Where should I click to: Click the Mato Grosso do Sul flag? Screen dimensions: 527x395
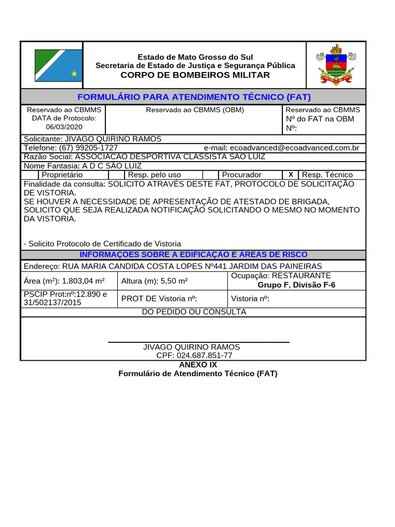click(x=58, y=65)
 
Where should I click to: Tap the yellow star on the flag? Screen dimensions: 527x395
click(x=74, y=74)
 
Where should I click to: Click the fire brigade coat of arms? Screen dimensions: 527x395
click(x=336, y=65)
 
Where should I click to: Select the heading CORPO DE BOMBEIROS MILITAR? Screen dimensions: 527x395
click(x=195, y=75)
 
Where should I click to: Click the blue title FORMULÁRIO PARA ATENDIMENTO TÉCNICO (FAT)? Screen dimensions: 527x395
click(x=194, y=97)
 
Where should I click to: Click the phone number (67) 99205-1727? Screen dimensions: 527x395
click(x=88, y=148)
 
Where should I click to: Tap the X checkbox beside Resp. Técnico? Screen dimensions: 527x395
click(x=291, y=174)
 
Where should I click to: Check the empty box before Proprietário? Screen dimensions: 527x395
click(x=31, y=175)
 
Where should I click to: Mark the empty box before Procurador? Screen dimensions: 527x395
click(x=210, y=175)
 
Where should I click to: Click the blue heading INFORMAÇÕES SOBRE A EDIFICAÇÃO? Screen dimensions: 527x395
click(x=193, y=255)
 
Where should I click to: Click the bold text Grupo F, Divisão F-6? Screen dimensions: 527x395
click(x=296, y=285)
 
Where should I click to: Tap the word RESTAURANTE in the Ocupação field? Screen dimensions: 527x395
click(x=301, y=276)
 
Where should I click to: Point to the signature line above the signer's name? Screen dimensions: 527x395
click(x=199, y=342)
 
